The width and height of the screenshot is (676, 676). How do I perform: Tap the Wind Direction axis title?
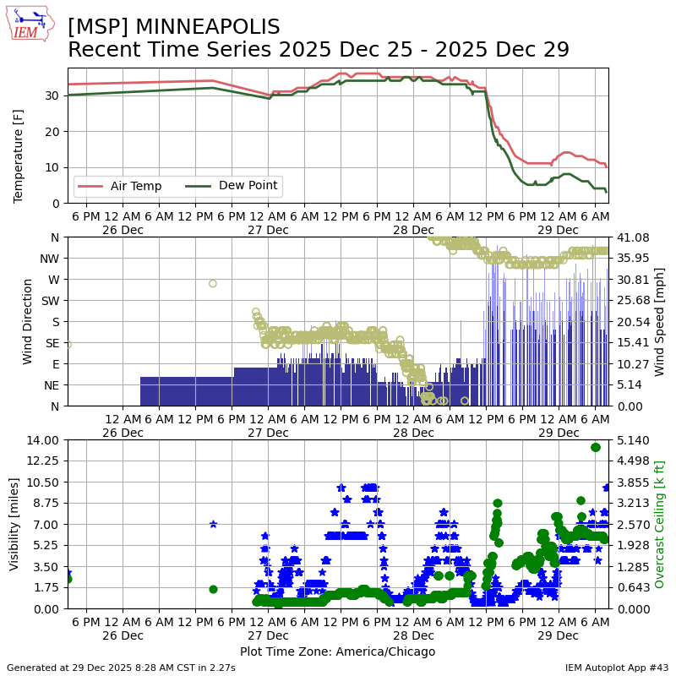pos(28,321)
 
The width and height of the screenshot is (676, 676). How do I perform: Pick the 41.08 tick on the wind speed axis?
pos(631,237)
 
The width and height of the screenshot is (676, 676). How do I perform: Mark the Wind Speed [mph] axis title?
pos(659,321)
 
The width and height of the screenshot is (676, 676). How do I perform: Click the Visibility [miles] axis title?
pos(15,524)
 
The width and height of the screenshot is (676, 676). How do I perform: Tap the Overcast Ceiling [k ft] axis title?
pos(660,524)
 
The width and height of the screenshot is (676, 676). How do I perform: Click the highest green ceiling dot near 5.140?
pos(596,447)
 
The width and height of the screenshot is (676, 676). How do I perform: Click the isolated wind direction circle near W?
pos(213,283)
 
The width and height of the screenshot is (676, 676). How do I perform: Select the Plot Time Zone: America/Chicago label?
pos(338,651)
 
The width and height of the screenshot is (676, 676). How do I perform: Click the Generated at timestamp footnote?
pos(121,668)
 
